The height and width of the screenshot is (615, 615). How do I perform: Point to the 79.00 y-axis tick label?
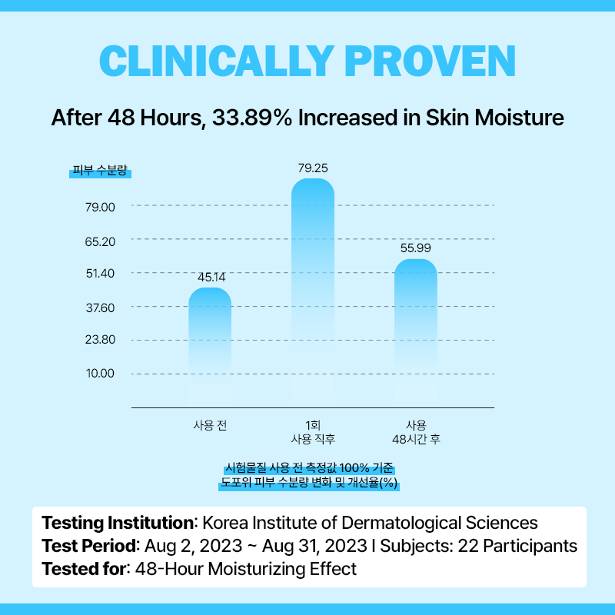click(x=99, y=207)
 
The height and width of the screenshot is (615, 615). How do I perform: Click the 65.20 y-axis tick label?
click(x=99, y=241)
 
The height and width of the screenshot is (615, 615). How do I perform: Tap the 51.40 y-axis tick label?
click(x=99, y=274)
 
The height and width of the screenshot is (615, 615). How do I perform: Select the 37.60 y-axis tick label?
click(x=99, y=307)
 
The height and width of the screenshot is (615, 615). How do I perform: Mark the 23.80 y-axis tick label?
click(x=99, y=340)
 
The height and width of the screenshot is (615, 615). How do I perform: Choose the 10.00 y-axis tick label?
click(x=99, y=374)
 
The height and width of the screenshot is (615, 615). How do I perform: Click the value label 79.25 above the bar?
click(x=313, y=167)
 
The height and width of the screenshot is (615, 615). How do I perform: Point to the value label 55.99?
click(x=415, y=248)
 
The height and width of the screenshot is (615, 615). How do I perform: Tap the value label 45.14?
click(x=211, y=277)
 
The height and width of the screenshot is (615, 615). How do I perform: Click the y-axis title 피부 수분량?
click(x=100, y=171)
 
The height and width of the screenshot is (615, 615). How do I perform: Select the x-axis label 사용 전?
click(x=210, y=424)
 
